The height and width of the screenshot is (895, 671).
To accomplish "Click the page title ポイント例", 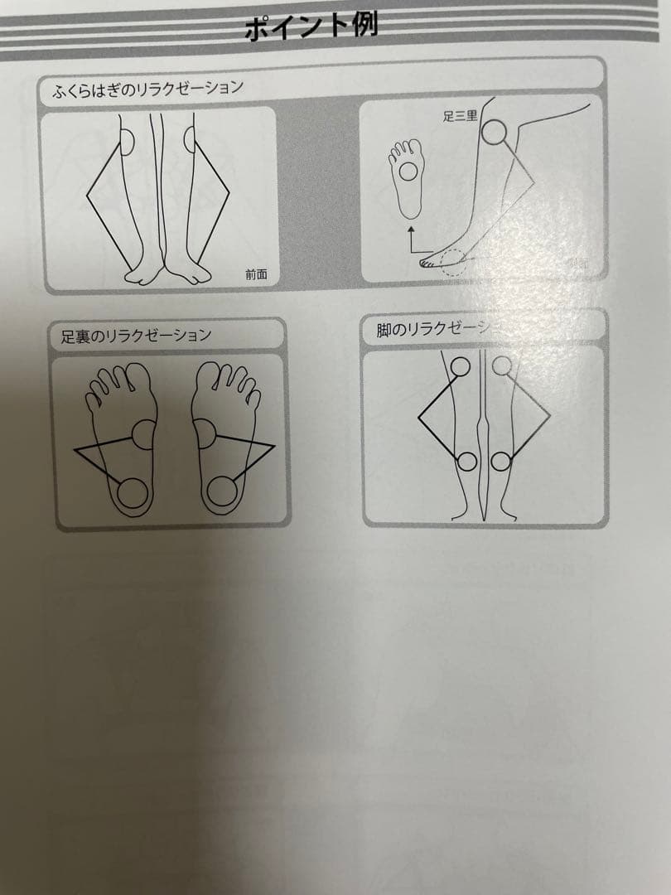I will coord(311,27).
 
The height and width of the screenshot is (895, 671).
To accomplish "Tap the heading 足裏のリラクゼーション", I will coord(136,336).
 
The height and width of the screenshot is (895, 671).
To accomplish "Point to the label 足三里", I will coord(461,117).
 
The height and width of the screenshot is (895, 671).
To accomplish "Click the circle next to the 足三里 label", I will coord(494,133).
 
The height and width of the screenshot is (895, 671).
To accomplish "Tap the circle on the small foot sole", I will coord(408,172).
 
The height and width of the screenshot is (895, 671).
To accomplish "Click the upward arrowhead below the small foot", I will coord(412,226).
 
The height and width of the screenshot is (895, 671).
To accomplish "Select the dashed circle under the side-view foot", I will coord(454,263).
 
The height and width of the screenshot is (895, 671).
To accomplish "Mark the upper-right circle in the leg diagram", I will coord(502,365).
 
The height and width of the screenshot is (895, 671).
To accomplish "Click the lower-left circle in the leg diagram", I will coord(466,462).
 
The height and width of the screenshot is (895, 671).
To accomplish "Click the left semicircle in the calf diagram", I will coord(127,142).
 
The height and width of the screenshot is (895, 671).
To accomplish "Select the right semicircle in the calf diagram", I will coord(190,141).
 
